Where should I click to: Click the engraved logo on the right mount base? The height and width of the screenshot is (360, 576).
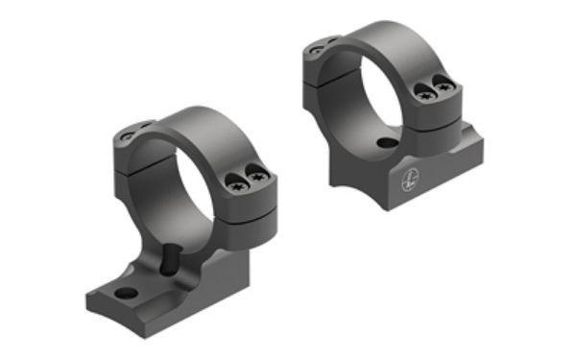point(409,178)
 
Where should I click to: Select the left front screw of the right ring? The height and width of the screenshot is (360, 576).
point(424,93)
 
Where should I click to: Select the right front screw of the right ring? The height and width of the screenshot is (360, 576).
point(443,86)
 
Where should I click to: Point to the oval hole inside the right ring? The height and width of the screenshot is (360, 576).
point(386,143)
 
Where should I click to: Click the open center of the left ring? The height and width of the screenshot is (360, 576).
point(180,197)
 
